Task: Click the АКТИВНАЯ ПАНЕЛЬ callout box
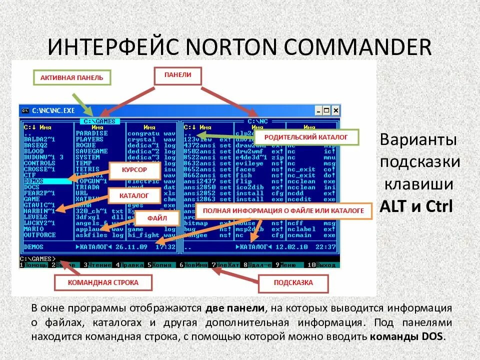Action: pos(71,78)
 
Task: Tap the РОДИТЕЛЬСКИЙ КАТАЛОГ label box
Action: pos(305,136)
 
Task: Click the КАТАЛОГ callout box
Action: pos(134,196)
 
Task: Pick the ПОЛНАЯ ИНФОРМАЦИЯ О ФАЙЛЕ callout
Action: pos(283,211)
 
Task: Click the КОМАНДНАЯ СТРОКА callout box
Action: pos(103,282)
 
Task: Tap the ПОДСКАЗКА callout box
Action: pos(293,282)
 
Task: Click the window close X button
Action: pos(335,110)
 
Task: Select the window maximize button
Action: pos(327,110)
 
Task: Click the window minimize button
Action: pos(318,110)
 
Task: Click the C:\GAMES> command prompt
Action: pos(37,258)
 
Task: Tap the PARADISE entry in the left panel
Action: pos(91,133)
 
